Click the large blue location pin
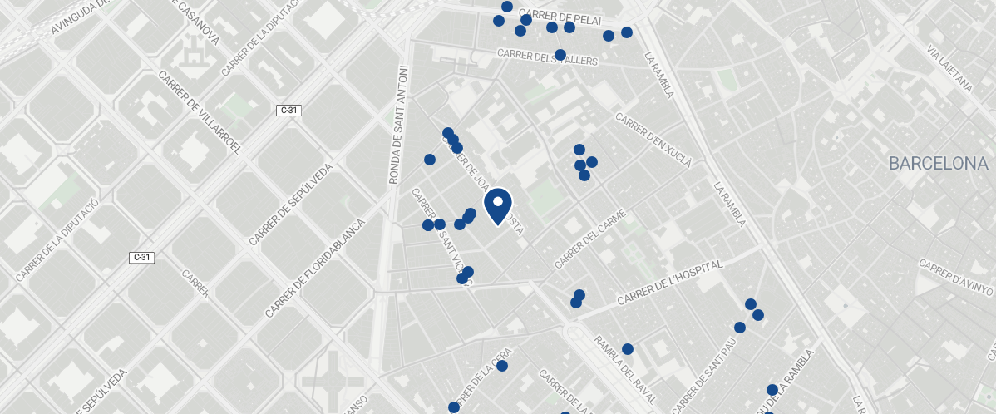coord(497,205)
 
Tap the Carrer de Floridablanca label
coord(315,268)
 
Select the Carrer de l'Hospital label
coord(670,283)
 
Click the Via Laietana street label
coord(949,67)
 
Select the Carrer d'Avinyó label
coord(956,278)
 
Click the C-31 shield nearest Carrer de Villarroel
coord(288,110)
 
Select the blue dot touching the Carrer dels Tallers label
coord(560,55)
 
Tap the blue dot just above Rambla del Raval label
coord(628,349)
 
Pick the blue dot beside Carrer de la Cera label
coord(502,366)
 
